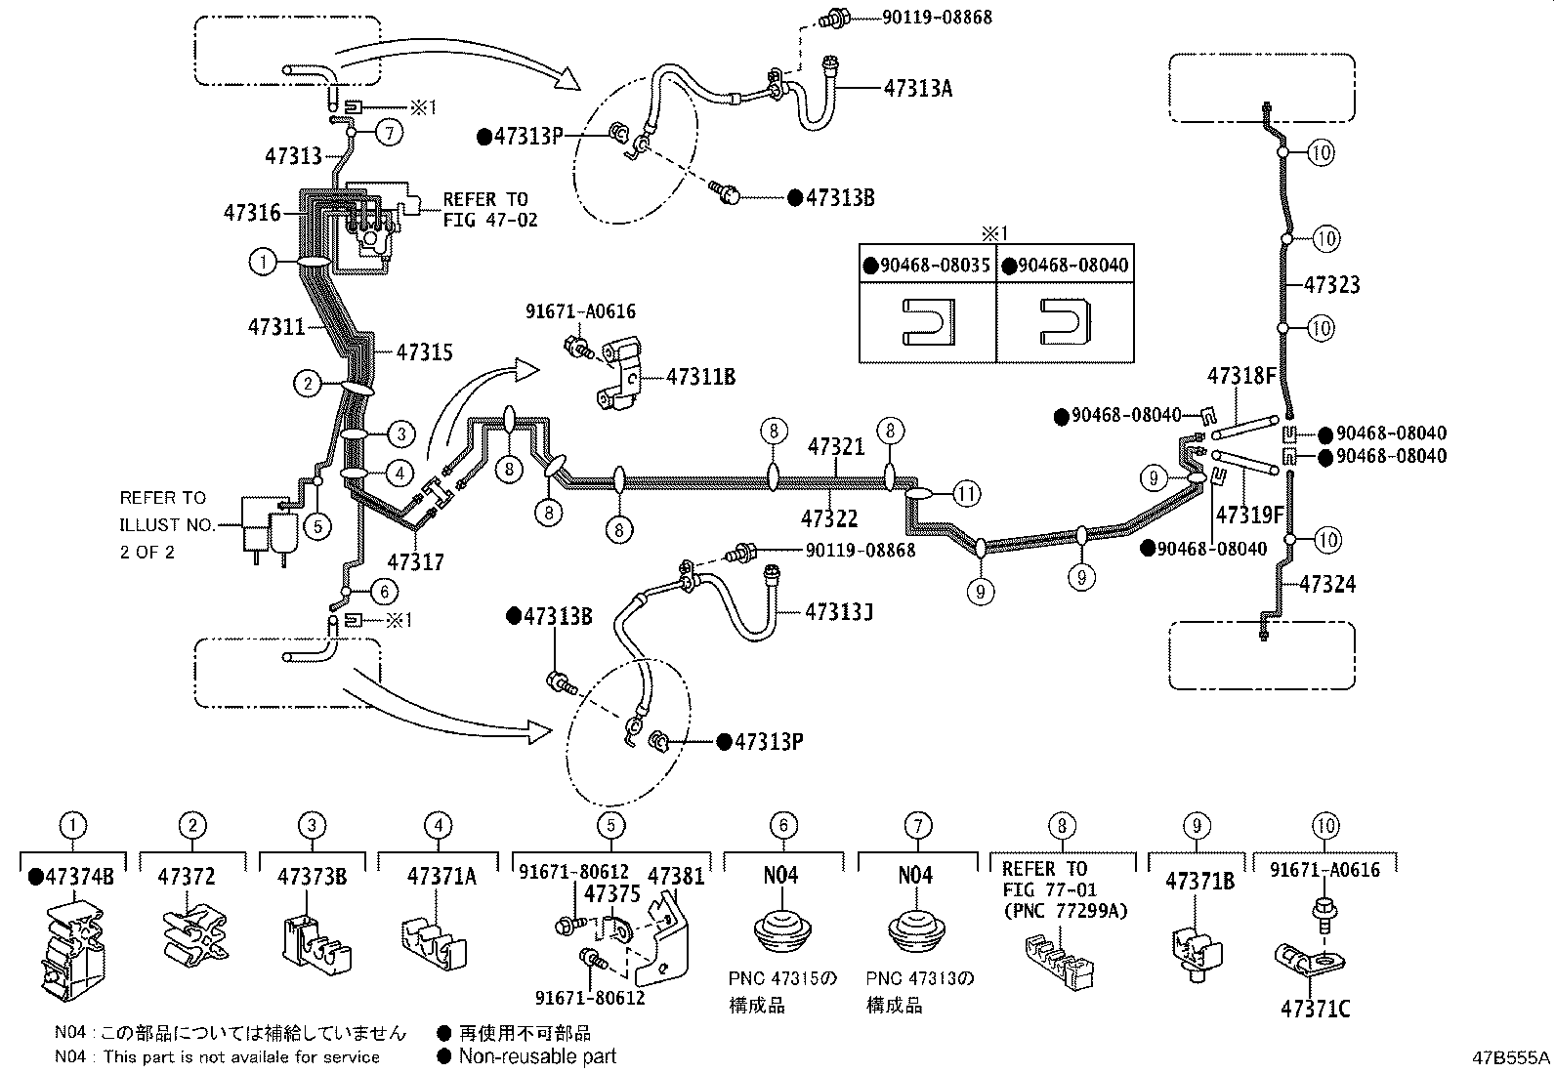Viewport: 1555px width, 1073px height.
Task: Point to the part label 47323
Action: click(x=1331, y=285)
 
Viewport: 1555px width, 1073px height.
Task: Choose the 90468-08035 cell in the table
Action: click(x=927, y=266)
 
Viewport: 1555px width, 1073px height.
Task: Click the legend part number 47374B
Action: click(x=71, y=876)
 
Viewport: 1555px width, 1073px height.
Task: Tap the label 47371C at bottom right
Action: click(x=1315, y=1009)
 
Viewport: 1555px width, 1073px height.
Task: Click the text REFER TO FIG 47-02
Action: click(x=489, y=209)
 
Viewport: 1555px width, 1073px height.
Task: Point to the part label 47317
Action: click(x=415, y=562)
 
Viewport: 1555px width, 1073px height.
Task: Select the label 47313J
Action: click(x=839, y=611)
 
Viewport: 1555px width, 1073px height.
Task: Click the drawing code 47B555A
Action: click(x=1512, y=1058)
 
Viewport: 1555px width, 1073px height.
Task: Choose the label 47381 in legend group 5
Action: click(x=675, y=876)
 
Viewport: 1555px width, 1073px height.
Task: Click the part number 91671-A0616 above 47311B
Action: click(x=580, y=311)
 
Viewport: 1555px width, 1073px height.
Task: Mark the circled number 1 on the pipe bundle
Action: click(x=262, y=262)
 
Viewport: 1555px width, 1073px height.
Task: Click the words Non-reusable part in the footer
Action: click(x=537, y=1055)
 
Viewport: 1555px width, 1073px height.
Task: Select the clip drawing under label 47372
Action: click(x=191, y=935)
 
